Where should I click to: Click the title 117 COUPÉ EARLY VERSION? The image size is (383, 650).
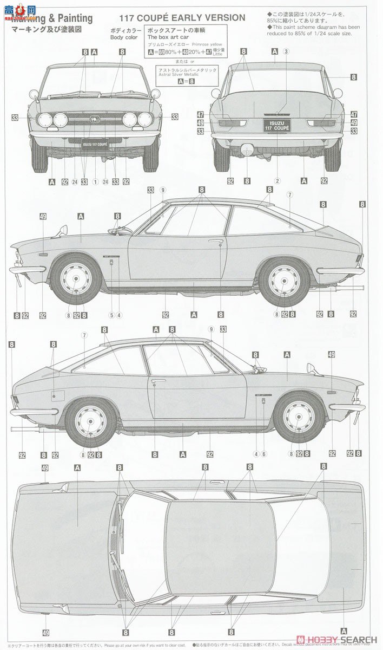179,18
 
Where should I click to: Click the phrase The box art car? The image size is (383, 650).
166,37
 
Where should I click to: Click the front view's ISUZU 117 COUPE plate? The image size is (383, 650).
95,145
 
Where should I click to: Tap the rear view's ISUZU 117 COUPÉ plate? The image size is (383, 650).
276,127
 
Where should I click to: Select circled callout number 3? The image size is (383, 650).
286,51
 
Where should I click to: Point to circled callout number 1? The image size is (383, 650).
95,181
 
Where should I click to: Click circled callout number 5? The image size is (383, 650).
111,315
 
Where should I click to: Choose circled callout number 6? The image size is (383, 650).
264,453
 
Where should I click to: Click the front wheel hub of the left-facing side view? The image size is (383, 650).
75,279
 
